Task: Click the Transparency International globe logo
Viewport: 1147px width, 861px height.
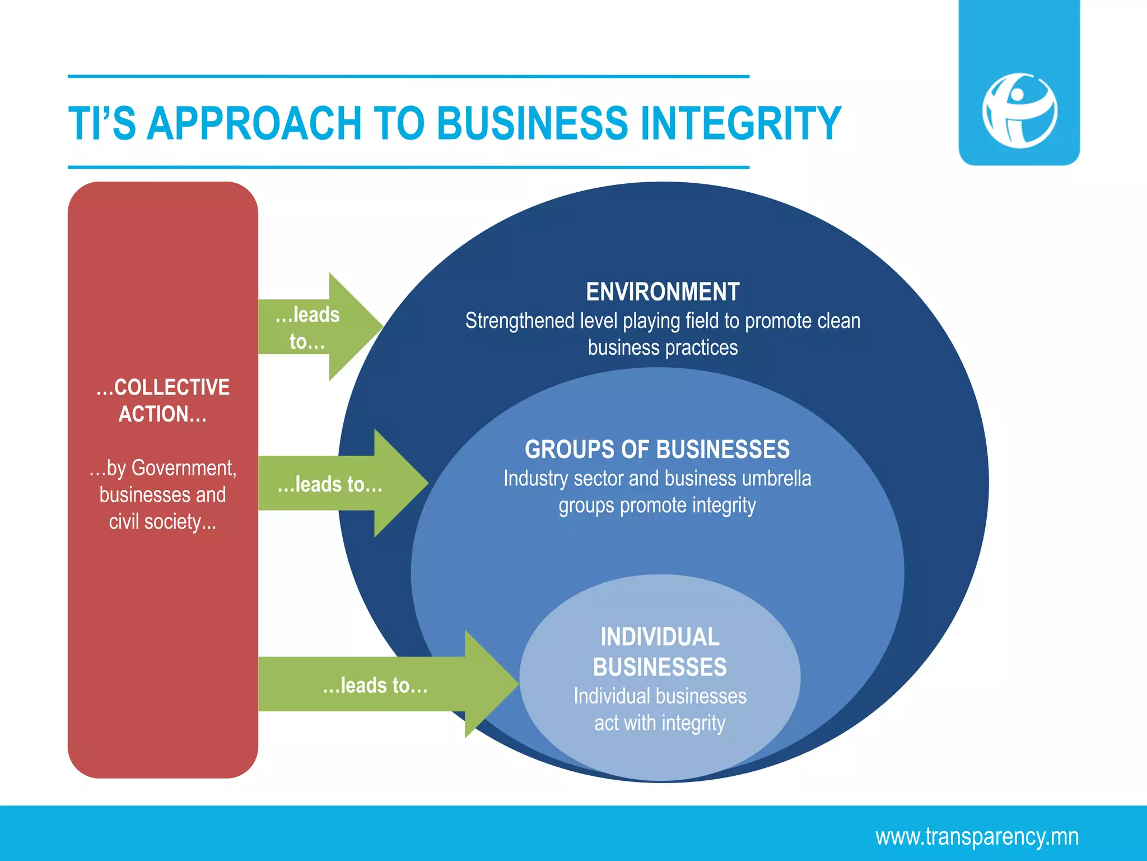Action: [1019, 110]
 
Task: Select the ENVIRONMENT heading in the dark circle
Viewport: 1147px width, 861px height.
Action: [663, 292]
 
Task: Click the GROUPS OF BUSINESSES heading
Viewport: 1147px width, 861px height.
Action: [657, 450]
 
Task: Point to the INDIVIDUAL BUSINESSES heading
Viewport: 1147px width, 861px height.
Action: [660, 652]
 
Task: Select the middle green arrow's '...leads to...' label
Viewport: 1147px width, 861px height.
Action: [330, 484]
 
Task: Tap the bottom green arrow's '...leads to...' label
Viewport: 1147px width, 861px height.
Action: [375, 686]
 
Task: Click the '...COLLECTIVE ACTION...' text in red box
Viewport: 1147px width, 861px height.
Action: [162, 400]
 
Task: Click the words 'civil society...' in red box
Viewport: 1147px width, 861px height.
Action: [162, 522]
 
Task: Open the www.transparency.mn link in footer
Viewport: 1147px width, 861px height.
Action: [977, 836]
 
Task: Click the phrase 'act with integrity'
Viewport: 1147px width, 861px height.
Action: [660, 723]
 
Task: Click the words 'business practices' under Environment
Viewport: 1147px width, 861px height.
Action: [663, 348]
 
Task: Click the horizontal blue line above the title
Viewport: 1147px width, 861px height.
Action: [408, 76]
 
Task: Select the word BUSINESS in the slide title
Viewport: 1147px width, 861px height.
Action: [532, 123]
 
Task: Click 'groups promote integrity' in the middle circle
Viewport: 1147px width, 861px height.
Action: [657, 506]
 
